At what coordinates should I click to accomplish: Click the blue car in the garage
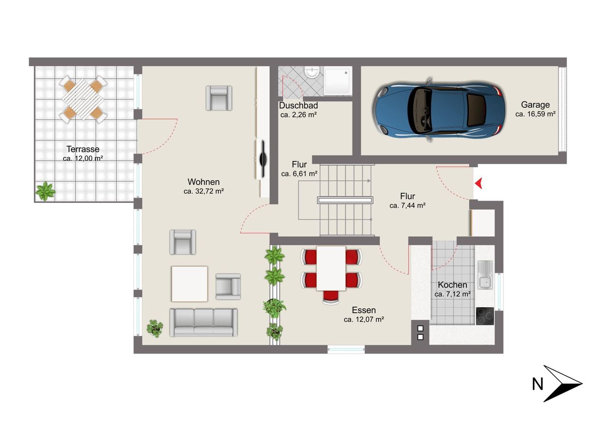coord(439,110)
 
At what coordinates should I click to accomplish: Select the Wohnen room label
coord(204,182)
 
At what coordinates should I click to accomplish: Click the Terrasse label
coord(83,149)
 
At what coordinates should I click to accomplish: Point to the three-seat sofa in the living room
coord(204,323)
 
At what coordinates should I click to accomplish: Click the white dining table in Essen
coord(331,268)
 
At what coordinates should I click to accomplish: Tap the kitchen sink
coord(485,275)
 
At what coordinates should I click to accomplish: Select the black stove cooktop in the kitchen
coord(485,316)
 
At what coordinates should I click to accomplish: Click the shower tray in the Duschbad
coord(338,81)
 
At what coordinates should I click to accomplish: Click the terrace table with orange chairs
coord(83,99)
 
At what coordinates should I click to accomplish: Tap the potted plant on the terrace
coord(45,191)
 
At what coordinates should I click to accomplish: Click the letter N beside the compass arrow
coord(537,384)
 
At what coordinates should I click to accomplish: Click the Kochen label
coord(453,285)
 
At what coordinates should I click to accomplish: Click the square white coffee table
coord(190,284)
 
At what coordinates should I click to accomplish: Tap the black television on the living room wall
coord(263,159)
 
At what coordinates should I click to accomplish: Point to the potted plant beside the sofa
coord(155,328)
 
